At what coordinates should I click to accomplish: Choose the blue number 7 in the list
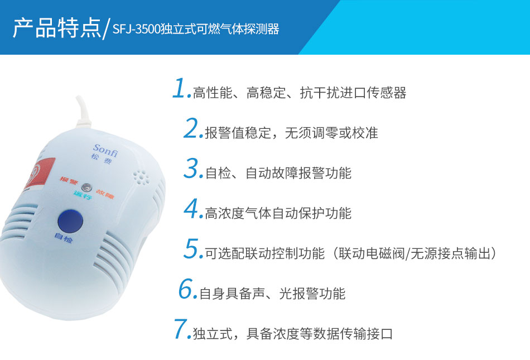181,329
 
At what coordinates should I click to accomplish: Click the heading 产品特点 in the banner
57,27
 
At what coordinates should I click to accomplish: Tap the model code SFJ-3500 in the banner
136,30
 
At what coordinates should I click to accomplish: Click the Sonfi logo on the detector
105,151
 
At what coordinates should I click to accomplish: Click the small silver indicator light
86,188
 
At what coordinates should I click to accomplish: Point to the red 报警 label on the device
69,180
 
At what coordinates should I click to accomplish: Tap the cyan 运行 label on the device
83,195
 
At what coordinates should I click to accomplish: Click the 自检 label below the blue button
64,238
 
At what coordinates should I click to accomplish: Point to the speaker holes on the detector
141,177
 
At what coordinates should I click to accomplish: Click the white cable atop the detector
83,113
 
